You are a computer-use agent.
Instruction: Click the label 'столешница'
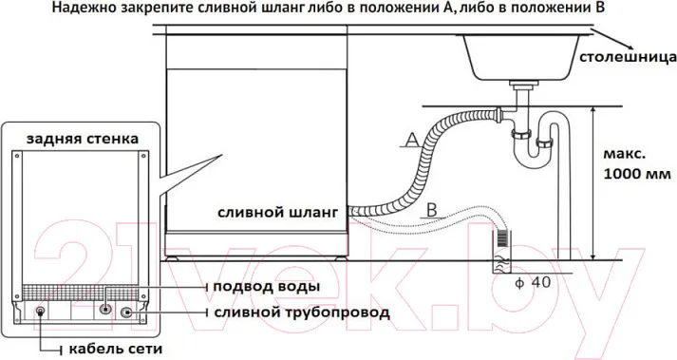coord(628,58)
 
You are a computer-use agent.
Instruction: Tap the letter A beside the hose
coord(413,140)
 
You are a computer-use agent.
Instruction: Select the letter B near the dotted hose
coord(432,210)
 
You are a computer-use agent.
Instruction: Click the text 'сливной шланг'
coord(277,213)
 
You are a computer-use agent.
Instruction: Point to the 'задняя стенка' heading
coord(83,139)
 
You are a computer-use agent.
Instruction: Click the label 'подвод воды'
coord(267,287)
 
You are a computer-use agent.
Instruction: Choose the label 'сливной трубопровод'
coord(302,312)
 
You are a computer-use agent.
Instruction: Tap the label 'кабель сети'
coord(116,349)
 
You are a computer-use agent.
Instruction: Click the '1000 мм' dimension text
coord(637,174)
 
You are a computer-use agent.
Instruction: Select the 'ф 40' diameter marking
coord(534,283)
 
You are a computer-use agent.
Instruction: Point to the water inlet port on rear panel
coord(105,309)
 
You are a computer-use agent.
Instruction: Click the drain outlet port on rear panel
coord(126,313)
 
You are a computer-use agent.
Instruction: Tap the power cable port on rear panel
coord(41,312)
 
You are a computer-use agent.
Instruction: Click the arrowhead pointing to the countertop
coord(630,47)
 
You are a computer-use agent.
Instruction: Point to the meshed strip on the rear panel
coord(81,292)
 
